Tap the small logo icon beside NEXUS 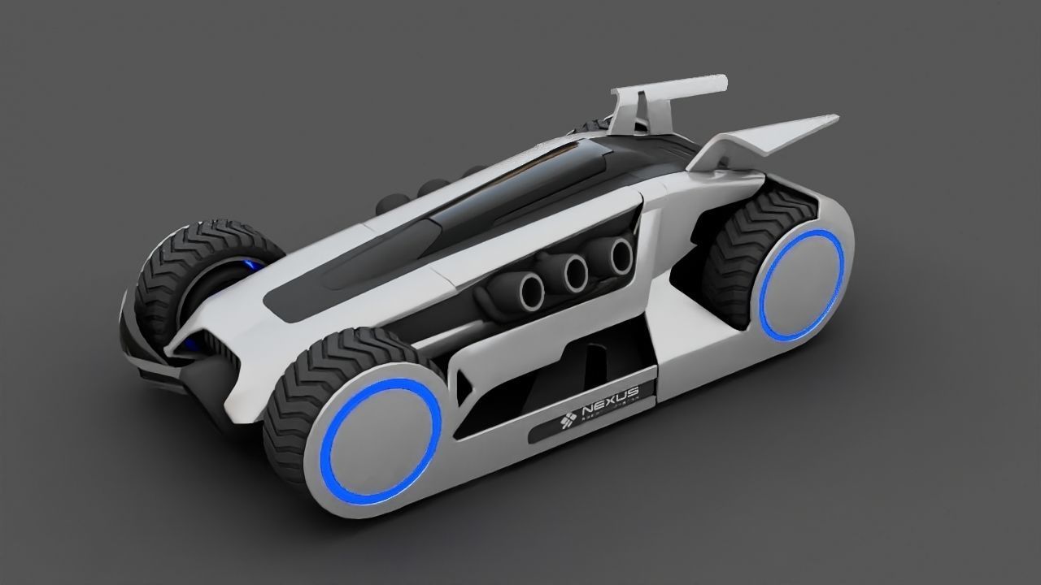(568, 419)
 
